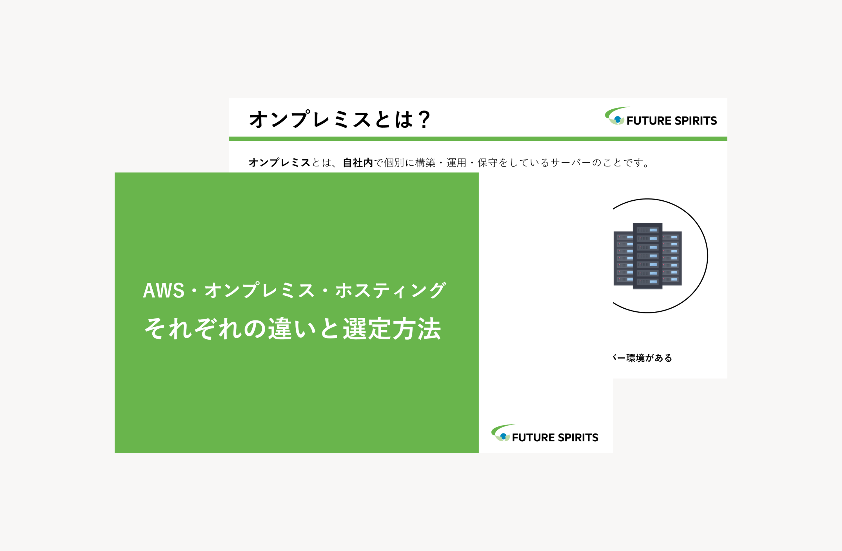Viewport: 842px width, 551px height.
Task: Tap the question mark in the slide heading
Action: point(424,119)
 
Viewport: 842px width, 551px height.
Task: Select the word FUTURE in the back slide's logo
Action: point(649,121)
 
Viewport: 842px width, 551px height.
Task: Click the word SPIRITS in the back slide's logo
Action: point(696,121)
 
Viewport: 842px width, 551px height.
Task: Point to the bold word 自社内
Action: point(358,163)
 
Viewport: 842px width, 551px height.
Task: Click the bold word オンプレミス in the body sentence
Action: point(279,163)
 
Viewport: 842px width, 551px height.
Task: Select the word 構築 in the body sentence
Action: point(425,163)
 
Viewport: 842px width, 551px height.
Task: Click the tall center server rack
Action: point(647,256)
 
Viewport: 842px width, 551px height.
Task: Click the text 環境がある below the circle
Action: point(649,358)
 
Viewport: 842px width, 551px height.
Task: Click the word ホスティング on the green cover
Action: point(391,291)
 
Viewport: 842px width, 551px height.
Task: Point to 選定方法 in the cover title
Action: point(392,329)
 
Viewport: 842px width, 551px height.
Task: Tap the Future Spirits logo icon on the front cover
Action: point(501,433)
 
